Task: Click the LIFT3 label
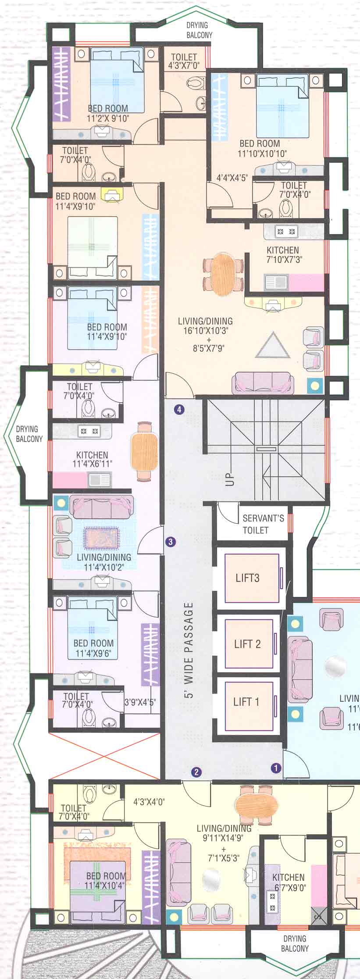247,578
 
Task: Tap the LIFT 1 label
246,702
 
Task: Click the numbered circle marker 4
179,410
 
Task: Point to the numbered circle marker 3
171,542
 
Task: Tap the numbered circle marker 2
196,772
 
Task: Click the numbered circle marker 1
275,768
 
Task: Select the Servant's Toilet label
263,524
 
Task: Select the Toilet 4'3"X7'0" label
184,61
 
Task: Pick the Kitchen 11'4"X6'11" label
92,459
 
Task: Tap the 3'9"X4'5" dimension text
140,702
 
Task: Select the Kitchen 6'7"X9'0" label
289,883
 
